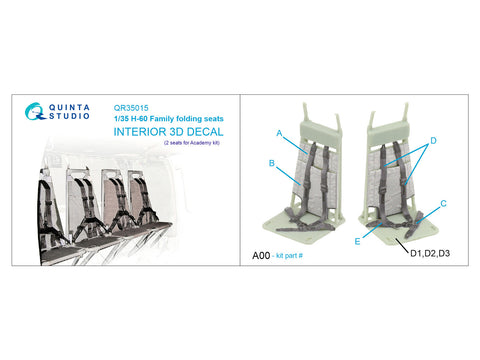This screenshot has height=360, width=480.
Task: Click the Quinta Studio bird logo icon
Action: pos(35,111)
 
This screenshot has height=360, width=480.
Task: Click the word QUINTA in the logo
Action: pos(69,107)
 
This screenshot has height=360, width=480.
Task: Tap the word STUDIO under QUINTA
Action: pos(69,116)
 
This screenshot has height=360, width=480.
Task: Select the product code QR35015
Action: pos(131,108)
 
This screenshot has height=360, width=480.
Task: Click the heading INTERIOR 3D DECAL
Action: pos(168,132)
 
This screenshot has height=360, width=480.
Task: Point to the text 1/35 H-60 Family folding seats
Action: pos(169,119)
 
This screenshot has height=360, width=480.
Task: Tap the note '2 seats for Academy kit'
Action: pos(192,143)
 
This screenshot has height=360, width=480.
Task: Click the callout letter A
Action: pos(279,133)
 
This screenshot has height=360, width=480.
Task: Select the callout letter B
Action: pos(272,163)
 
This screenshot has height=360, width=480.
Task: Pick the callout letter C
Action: pos(443,203)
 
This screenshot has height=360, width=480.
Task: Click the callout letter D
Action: pos(433,141)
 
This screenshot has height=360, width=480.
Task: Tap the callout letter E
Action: pos(357,241)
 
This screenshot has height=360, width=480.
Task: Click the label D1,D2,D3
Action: pos(430,253)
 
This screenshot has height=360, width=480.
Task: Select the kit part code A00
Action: pos(261,256)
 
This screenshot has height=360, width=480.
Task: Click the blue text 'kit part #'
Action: pos(288,256)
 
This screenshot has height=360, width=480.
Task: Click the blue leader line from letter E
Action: pos(372,230)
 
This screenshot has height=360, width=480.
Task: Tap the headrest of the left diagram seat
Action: pos(320,130)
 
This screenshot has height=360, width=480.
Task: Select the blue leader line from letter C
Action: pos(428,214)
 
